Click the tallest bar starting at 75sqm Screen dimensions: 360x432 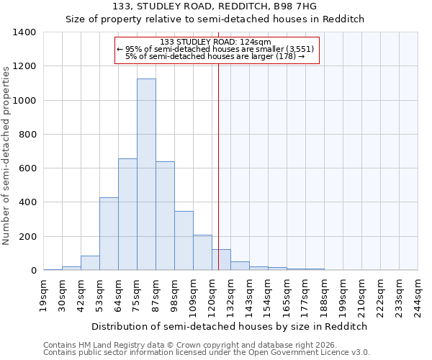pos(146,174)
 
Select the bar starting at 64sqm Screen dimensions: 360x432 pos(127,215)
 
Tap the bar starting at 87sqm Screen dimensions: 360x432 pos(165,216)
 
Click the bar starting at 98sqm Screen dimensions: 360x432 pos(184,240)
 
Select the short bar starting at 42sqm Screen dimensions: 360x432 pos(90,263)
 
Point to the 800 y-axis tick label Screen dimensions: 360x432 pos(27,135)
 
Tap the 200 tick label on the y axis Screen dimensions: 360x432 pos(27,237)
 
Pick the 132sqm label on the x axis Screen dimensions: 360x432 pos(231,296)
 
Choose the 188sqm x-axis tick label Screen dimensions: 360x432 pos(325,296)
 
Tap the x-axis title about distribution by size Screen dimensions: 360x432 pos(230,326)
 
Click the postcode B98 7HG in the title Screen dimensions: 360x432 pos(297,6)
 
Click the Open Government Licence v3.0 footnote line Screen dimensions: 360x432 pos(207,353)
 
